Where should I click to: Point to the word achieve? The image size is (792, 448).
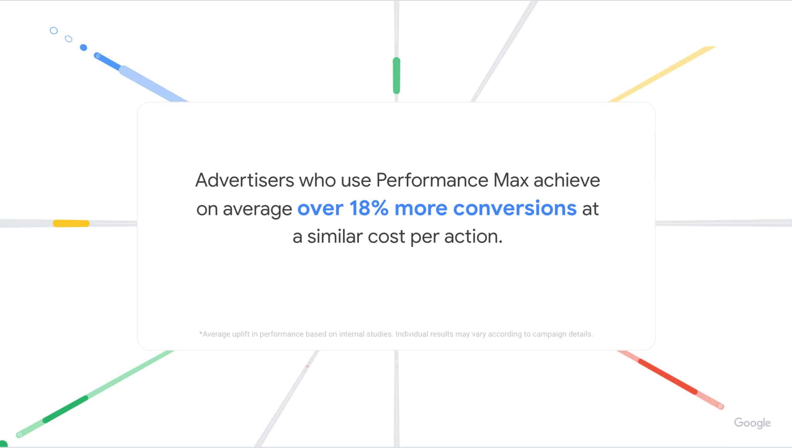point(567,181)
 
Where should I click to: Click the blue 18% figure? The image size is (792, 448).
point(369,208)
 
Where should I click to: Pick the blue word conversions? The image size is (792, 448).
point(515,208)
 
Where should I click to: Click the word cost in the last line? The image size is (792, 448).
point(386,237)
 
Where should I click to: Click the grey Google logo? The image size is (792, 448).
point(752,423)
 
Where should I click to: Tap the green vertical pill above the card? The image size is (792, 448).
point(396,76)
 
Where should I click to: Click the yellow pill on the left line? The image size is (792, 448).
point(71,223)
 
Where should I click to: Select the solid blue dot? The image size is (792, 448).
point(84,48)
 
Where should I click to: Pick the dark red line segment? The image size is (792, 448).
point(667,376)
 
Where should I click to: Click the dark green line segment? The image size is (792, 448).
point(65,409)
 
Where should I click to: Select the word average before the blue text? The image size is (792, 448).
point(257,209)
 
